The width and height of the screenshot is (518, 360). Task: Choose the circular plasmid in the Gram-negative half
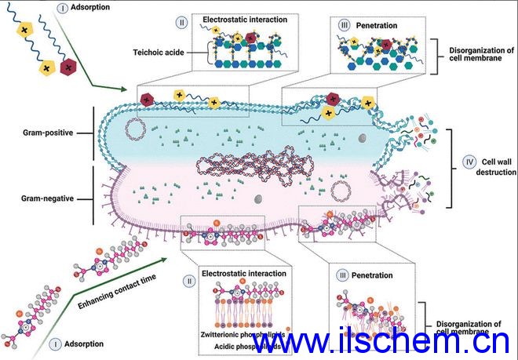[x=342, y=191]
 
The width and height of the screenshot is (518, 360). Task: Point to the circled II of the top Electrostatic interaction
[x=181, y=23]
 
